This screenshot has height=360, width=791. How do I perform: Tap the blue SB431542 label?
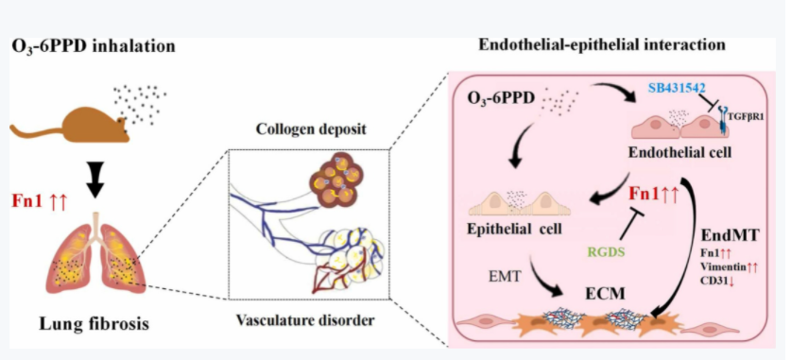click(678, 89)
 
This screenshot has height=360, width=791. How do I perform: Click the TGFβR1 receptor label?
click(745, 115)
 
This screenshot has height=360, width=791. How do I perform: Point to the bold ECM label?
click(606, 293)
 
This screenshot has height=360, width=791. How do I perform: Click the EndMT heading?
click(731, 235)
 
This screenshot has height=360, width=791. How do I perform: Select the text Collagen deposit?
click(311, 129)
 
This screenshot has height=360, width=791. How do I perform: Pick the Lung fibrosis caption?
click(95, 323)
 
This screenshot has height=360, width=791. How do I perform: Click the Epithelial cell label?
click(515, 229)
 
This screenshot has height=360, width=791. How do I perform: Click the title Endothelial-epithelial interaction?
click(601, 45)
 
